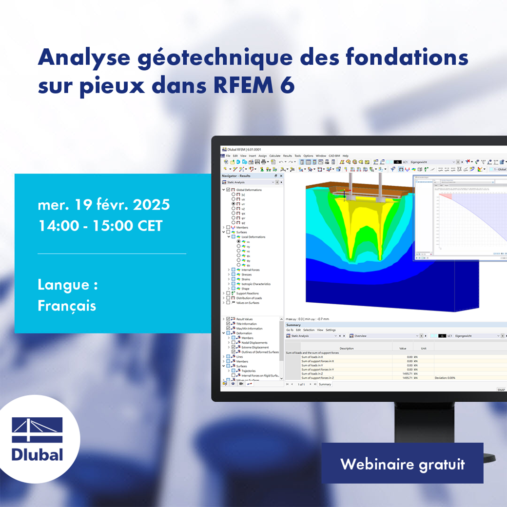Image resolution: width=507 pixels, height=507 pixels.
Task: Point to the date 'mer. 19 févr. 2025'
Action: (103, 205)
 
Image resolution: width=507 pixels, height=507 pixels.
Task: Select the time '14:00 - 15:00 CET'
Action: (100, 226)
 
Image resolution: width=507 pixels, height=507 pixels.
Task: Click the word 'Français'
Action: (67, 306)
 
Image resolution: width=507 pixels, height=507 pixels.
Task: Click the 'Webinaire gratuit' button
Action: (402, 464)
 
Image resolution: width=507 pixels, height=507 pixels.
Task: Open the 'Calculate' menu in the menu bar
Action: (275, 156)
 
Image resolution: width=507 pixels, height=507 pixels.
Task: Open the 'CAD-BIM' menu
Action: (334, 156)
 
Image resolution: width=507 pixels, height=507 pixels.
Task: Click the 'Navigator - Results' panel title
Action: (236, 175)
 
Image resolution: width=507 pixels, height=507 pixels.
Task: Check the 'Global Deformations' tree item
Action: (249, 190)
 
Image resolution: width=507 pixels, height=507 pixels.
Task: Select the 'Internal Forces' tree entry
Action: (250, 270)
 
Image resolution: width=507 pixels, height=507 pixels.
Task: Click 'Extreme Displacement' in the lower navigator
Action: (254, 347)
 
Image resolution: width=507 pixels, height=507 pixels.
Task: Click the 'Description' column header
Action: (347, 349)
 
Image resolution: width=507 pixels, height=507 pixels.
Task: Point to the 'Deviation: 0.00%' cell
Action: (445, 378)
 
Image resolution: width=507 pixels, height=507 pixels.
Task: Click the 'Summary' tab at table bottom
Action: (325, 384)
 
